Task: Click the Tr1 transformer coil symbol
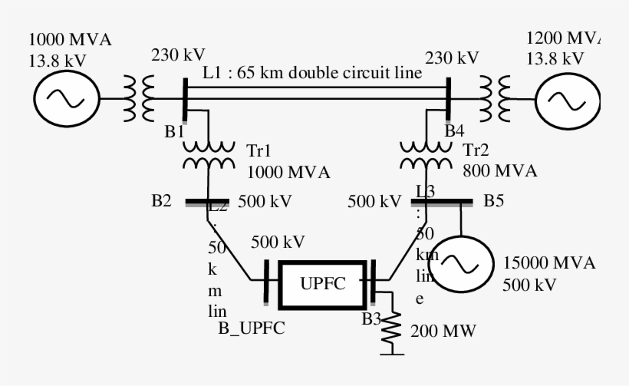point(209,154)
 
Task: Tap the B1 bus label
point(174,130)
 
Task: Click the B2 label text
point(161,203)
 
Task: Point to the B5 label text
point(494,203)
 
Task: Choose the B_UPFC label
point(252,329)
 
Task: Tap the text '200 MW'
point(443,332)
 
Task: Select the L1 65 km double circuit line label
point(312,74)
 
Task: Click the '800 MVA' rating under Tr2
point(499,170)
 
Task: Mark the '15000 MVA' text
point(549,263)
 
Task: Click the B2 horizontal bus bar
point(208,203)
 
